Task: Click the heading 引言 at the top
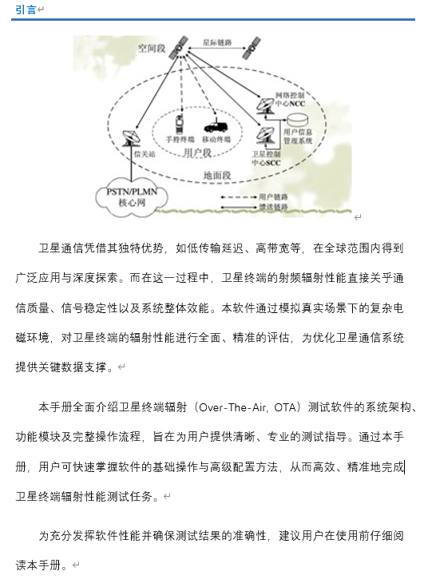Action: click(x=26, y=10)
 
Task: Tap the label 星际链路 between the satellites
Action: click(x=218, y=42)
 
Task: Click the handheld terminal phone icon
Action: click(x=181, y=125)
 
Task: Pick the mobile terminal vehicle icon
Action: click(x=216, y=125)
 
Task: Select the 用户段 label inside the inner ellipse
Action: click(x=196, y=152)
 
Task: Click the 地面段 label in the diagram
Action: click(x=216, y=175)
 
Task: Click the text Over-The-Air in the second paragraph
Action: click(x=255, y=408)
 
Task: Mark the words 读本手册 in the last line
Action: click(x=41, y=564)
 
